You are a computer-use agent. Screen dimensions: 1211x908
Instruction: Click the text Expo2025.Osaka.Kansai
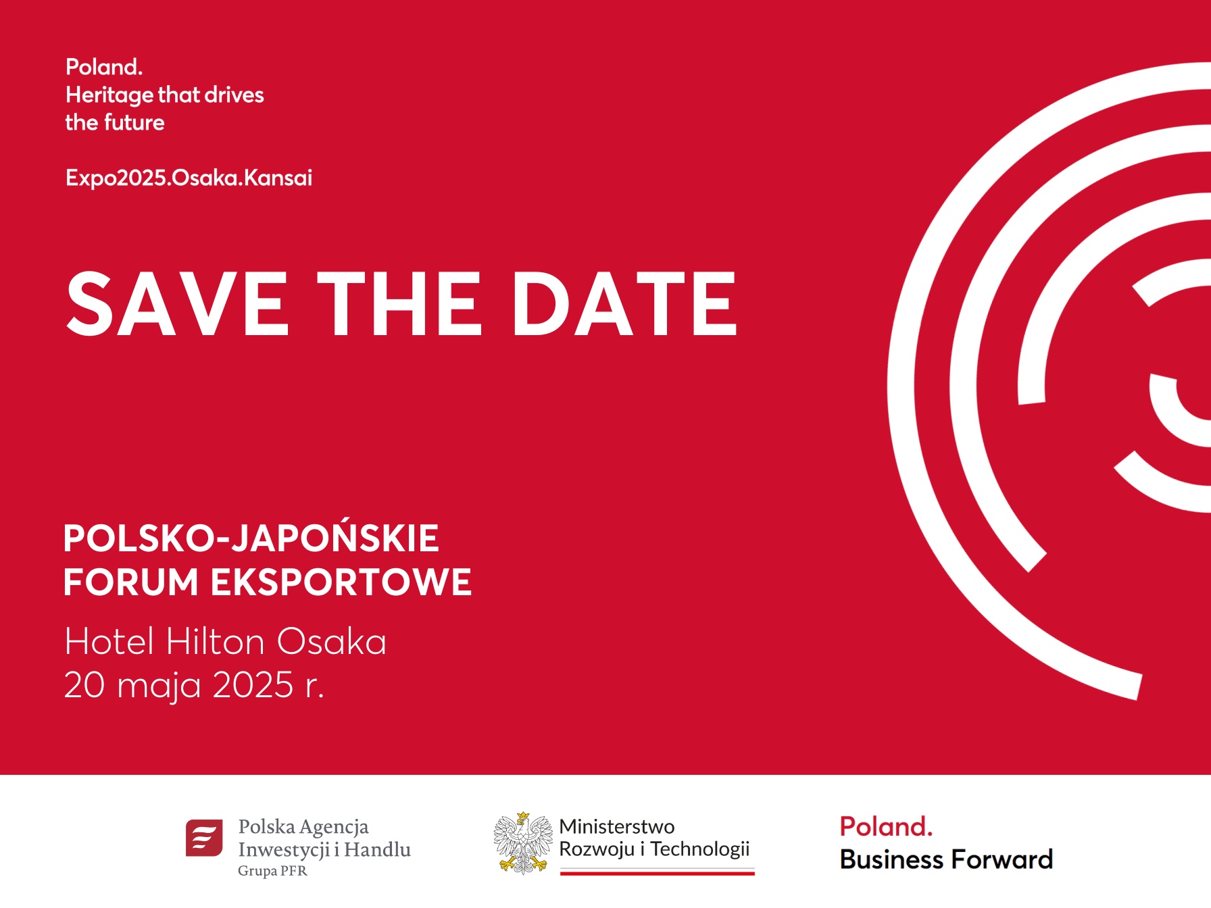click(189, 178)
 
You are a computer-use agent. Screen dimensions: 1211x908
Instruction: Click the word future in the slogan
click(134, 122)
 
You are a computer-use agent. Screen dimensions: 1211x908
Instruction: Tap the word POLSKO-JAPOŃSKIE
click(251, 537)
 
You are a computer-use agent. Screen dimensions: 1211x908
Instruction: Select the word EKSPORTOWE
click(341, 582)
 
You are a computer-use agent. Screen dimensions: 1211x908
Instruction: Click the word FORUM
click(131, 582)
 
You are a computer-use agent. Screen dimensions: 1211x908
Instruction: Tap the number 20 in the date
click(84, 685)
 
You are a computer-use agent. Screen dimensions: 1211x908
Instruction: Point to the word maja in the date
click(159, 686)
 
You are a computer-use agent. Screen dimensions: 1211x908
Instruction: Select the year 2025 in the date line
click(253, 685)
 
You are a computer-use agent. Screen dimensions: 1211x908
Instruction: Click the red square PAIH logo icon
click(204, 838)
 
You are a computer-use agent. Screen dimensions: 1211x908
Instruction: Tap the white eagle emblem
click(522, 843)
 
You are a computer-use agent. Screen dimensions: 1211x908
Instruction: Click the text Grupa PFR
click(272, 871)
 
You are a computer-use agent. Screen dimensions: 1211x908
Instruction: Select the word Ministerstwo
click(617, 826)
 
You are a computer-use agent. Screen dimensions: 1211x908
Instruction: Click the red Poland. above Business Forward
click(886, 826)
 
